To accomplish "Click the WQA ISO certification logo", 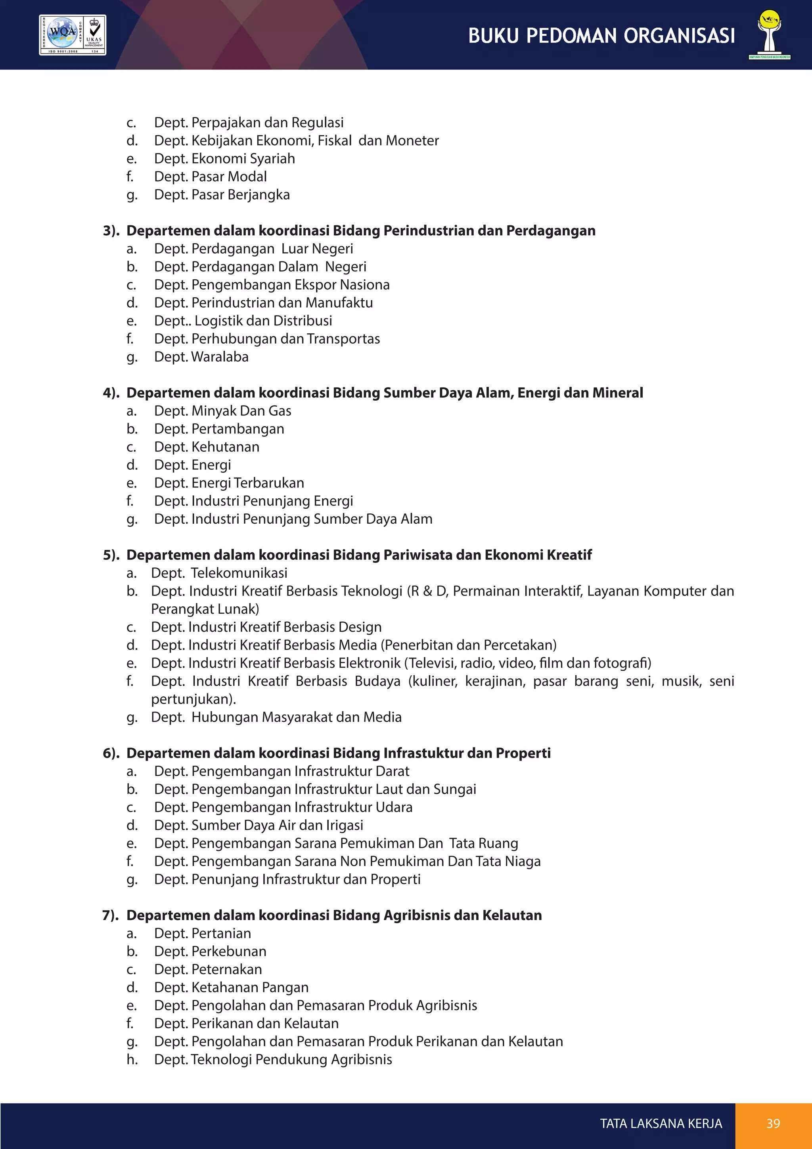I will (x=73, y=35).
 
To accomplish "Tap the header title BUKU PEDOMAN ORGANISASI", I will (x=601, y=36).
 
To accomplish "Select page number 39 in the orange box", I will (x=773, y=1124).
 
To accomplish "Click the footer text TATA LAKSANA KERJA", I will (x=661, y=1124).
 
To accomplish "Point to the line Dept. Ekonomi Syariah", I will (x=224, y=159).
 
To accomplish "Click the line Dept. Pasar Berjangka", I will (x=222, y=195).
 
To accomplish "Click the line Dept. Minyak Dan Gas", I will (x=222, y=411).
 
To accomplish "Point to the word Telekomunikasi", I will (x=239, y=573).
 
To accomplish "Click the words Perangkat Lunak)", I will (x=205, y=609).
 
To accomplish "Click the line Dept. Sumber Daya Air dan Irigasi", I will (x=259, y=825).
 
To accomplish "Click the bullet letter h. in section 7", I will (x=132, y=1059).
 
